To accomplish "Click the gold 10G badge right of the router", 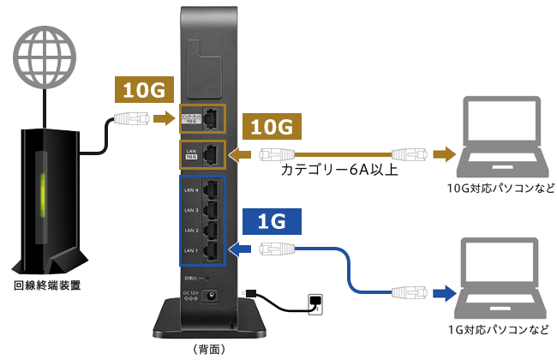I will click(272, 127).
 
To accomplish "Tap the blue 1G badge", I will click(272, 221).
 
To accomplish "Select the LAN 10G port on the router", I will click(211, 155).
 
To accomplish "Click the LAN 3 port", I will click(211, 211).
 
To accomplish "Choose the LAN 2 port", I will click(211, 231).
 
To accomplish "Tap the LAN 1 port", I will click(211, 250).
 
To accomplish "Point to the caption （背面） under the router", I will click(209, 350).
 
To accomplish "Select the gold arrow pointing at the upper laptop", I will click(445, 155).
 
